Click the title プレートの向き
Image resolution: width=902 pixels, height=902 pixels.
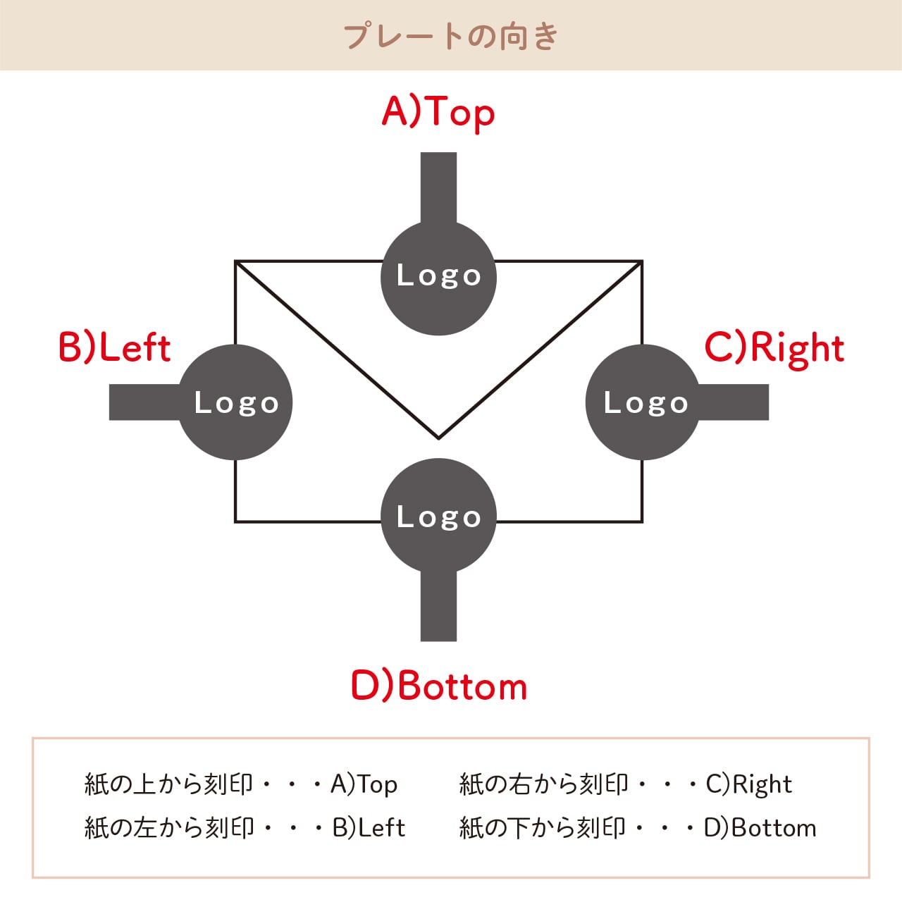click(x=451, y=35)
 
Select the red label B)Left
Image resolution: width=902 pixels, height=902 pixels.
click(x=114, y=348)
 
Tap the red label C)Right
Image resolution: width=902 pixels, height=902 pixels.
click(x=774, y=348)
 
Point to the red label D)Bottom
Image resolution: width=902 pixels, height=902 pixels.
click(x=439, y=686)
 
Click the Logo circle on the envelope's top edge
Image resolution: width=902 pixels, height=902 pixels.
click(x=438, y=278)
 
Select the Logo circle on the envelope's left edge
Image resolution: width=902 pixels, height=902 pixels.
click(x=235, y=402)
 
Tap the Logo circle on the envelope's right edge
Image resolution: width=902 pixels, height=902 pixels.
click(x=643, y=402)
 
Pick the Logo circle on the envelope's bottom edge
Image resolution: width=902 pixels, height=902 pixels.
click(x=438, y=516)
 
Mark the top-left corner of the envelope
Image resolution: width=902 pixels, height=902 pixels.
click(x=235, y=261)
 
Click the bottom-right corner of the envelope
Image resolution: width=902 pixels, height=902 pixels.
click(x=642, y=521)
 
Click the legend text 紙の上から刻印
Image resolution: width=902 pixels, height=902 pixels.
click(x=168, y=784)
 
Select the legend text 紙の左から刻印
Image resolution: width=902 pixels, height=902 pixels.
click(x=168, y=827)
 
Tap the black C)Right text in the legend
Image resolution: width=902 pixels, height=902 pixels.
click(x=749, y=784)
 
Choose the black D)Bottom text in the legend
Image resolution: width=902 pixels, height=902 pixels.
click(x=760, y=827)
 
